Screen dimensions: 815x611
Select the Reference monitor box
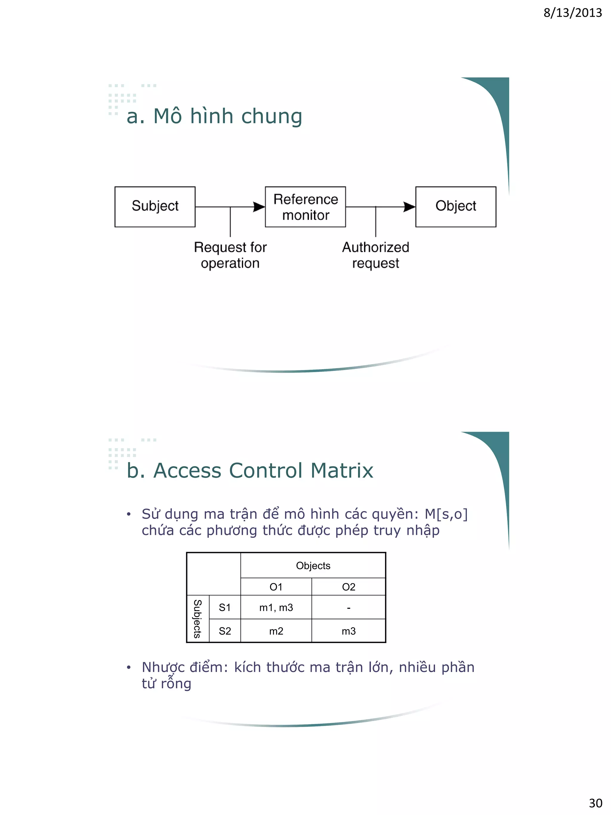[305, 207]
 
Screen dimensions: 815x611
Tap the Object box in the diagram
[456, 207]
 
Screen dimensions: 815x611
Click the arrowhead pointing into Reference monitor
[259, 207]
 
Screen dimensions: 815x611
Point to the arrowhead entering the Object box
[410, 207]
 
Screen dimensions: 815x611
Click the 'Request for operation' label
[230, 255]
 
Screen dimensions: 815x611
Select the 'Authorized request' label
[375, 255]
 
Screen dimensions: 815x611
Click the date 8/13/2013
[572, 13]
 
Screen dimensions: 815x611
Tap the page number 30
[595, 803]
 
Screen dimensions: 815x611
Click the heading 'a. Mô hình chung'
[214, 116]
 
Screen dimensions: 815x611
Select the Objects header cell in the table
[313, 566]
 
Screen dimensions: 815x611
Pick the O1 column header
[276, 587]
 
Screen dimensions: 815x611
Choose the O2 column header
[348, 587]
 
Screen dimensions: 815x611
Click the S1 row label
[225, 607]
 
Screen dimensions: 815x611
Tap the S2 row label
[225, 631]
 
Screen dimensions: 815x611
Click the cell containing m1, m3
[276, 607]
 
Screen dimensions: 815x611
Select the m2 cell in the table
[276, 631]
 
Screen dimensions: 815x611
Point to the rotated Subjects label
[198, 619]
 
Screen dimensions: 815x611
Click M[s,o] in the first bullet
[446, 514]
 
